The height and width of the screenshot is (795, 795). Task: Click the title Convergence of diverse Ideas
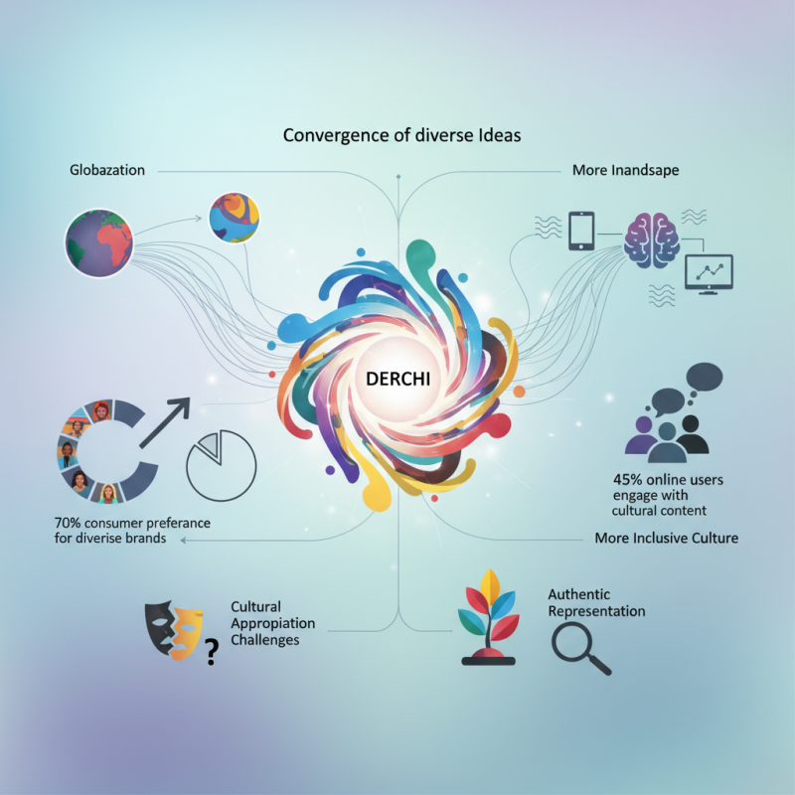click(x=401, y=134)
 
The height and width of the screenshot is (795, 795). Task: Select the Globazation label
click(x=107, y=170)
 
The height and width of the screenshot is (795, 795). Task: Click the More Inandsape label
click(x=625, y=170)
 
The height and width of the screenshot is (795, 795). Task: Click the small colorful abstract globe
click(x=234, y=218)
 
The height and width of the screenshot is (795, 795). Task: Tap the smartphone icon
click(x=580, y=231)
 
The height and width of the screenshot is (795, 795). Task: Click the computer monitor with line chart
click(x=709, y=272)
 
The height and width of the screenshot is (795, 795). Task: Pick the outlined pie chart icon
click(x=222, y=464)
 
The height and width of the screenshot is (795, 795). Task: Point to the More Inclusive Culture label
click(x=667, y=539)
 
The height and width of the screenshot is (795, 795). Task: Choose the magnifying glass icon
click(x=580, y=649)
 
